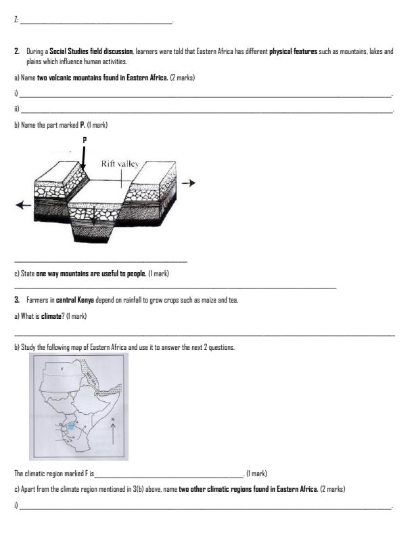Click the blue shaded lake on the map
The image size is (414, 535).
pos(72,426)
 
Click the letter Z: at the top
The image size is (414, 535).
pos(16,22)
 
